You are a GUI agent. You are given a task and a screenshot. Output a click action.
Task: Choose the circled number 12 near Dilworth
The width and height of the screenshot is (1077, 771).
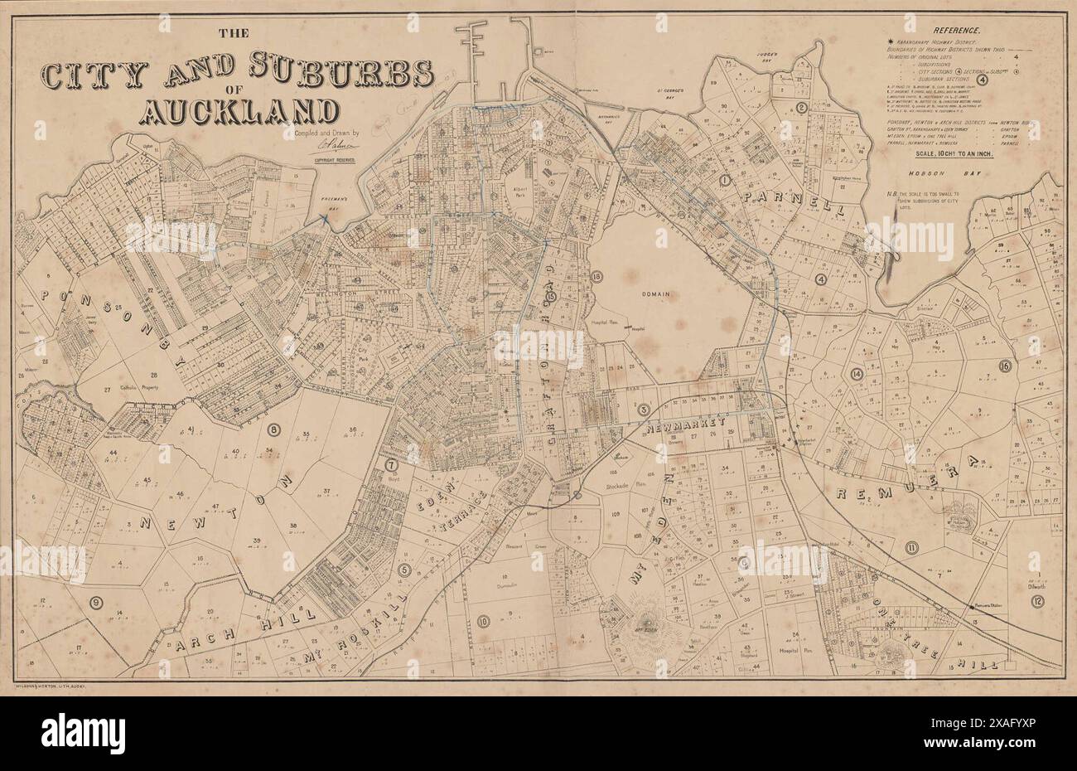pos(1038,600)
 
